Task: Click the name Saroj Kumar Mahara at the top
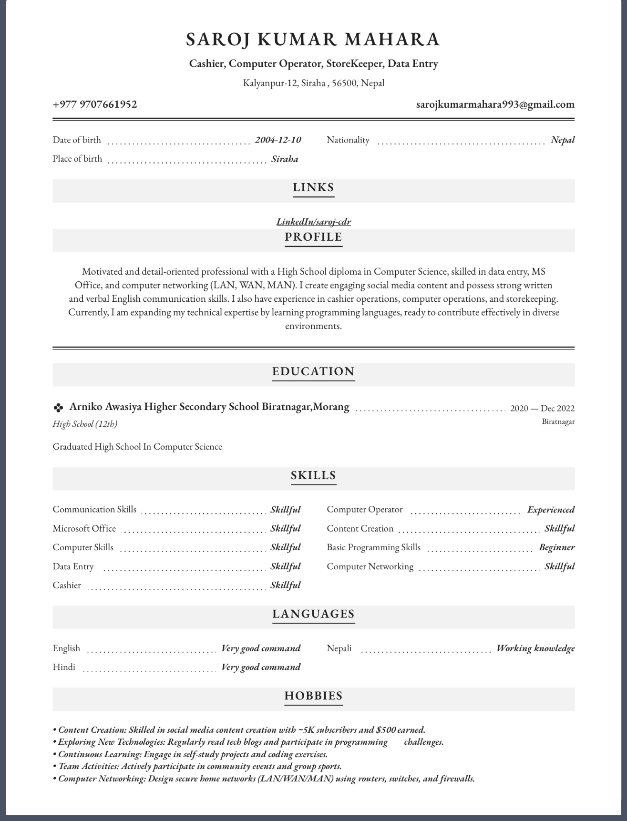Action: [x=313, y=39]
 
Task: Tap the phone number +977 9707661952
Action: [x=95, y=104]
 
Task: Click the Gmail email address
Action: [x=495, y=104]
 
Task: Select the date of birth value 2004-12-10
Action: [x=278, y=140]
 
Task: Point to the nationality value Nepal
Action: [x=563, y=140]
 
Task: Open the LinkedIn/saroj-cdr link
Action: [x=314, y=222]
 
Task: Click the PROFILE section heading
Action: [x=313, y=237]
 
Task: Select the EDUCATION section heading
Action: [x=313, y=371]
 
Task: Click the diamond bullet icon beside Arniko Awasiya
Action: [x=58, y=408]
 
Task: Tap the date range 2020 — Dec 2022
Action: [x=542, y=408]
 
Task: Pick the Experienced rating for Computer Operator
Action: [x=551, y=510]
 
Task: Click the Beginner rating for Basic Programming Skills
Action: [x=556, y=547]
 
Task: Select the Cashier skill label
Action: [x=67, y=585]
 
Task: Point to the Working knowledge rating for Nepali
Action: [x=535, y=648]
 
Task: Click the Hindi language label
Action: [x=64, y=667]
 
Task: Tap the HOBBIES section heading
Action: [x=313, y=696]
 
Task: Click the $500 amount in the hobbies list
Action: [x=386, y=730]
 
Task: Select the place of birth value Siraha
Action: [x=285, y=159]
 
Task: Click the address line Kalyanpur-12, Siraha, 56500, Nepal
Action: [x=313, y=83]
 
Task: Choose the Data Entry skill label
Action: [x=73, y=566]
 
